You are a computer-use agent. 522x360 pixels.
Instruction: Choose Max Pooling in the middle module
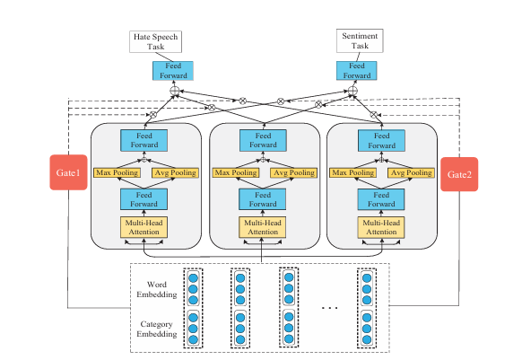232,171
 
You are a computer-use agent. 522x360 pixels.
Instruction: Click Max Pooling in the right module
351,171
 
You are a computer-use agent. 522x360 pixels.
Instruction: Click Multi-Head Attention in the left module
144,228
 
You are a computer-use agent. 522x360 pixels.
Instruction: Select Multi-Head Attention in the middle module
261,228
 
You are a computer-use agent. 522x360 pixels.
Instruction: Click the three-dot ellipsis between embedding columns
330,307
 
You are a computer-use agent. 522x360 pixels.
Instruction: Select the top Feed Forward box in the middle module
261,140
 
